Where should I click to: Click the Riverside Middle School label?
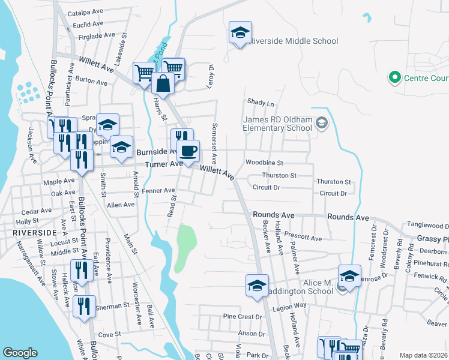pyautogui.click(x=294, y=41)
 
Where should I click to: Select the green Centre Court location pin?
pyautogui.click(x=394, y=77)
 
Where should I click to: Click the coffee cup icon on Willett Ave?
pyautogui.click(x=188, y=151)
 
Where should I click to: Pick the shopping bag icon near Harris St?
pyautogui.click(x=163, y=84)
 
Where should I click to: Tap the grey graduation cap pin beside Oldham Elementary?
pyautogui.click(x=322, y=123)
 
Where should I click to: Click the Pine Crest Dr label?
pyautogui.click(x=243, y=316)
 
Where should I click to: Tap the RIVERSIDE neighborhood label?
pyautogui.click(x=28, y=231)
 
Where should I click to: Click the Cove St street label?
pyautogui.click(x=109, y=334)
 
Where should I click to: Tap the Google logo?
pyautogui.click(x=20, y=353)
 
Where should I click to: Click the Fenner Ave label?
pyautogui.click(x=158, y=190)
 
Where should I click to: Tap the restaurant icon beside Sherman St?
pyautogui.click(x=83, y=306)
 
